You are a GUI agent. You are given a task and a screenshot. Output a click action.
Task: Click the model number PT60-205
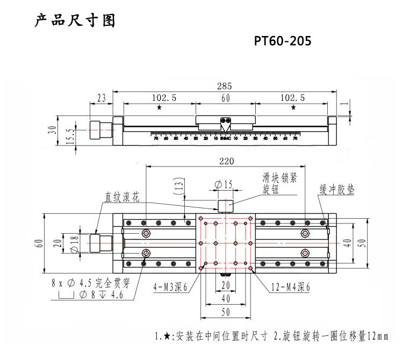coord(283,41)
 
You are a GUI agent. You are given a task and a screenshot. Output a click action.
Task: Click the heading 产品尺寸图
coord(75,21)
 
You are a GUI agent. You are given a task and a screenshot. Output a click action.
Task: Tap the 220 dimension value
coord(225,161)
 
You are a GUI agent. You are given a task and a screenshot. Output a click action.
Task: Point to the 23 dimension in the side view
coord(101,98)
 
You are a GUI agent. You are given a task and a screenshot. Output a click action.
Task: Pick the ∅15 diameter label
coord(224,185)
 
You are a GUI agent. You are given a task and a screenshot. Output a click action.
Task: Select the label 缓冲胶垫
coord(337,191)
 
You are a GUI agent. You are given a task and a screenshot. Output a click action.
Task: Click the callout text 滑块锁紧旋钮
coord(279,183)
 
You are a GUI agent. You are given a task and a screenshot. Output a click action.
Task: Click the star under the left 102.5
coord(160,108)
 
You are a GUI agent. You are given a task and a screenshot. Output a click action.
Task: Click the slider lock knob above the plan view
coord(225,205)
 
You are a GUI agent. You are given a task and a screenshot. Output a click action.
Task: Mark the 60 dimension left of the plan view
coord(38,243)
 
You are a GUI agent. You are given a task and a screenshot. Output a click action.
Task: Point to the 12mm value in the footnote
coord(375,337)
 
